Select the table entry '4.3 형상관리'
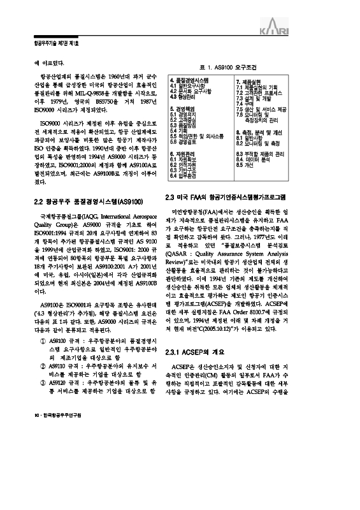(x=184, y=97)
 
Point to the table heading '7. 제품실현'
(x=250, y=82)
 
